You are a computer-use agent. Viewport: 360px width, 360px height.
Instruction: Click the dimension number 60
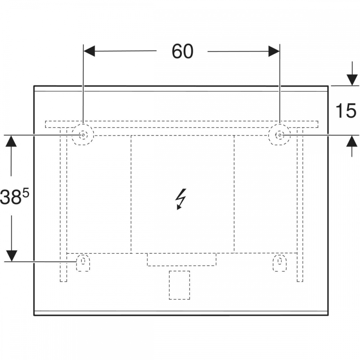coord(183,51)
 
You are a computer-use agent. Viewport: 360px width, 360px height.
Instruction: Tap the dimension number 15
coord(346,111)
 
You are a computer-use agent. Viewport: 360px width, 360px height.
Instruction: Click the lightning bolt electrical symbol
coord(181,199)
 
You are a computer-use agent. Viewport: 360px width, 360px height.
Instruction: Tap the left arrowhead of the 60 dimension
coord(89,51)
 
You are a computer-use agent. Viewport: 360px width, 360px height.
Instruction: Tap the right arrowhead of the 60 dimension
coord(274,51)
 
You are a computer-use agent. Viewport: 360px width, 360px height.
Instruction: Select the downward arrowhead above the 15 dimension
coord(352,80)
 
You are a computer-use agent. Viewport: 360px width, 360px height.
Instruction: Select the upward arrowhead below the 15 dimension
coord(352,141)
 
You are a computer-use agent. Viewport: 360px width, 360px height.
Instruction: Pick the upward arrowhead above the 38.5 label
coord(11,141)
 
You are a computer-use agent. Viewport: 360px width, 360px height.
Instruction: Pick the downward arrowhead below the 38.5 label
coord(12,256)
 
